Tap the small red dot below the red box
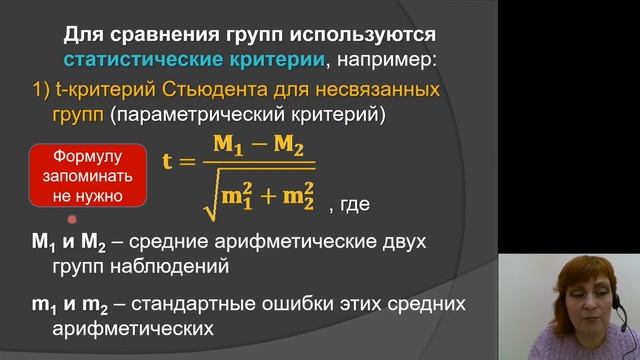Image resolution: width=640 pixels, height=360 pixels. [x=71, y=219]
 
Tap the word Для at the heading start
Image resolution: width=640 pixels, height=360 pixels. [x=83, y=35]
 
